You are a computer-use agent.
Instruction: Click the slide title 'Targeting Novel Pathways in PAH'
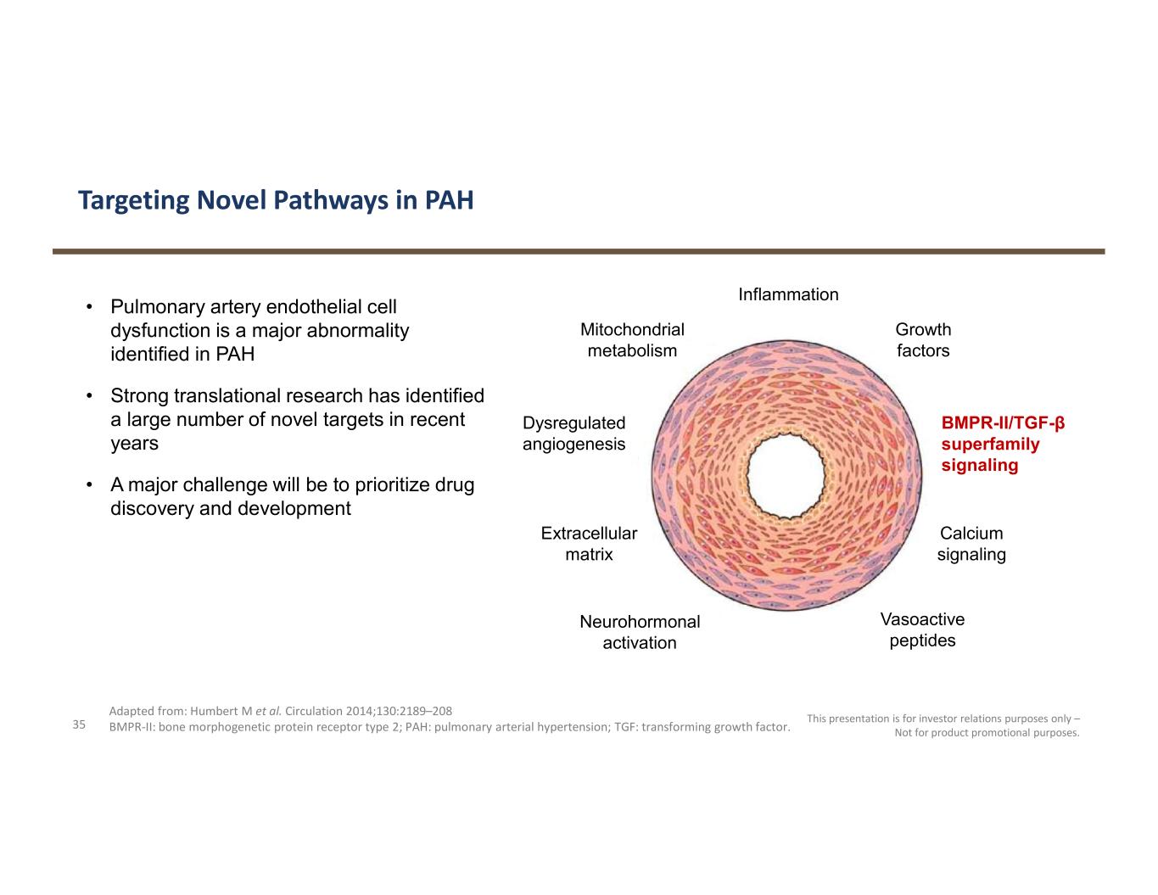(x=276, y=200)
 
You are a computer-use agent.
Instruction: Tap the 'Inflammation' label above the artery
(x=788, y=294)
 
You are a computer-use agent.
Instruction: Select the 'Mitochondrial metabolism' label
(x=632, y=340)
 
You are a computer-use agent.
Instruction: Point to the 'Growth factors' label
(x=923, y=340)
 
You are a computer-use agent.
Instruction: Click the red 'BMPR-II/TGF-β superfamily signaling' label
(x=1002, y=444)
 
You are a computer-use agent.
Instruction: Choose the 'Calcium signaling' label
(x=971, y=544)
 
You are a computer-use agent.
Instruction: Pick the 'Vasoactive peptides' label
(x=922, y=630)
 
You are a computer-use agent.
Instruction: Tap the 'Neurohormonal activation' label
(x=640, y=632)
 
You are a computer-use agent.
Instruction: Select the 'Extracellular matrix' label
(x=589, y=544)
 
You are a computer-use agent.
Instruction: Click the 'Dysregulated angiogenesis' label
(x=574, y=434)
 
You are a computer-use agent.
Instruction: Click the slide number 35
(x=79, y=724)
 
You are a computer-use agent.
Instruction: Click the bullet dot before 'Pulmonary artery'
(x=89, y=306)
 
